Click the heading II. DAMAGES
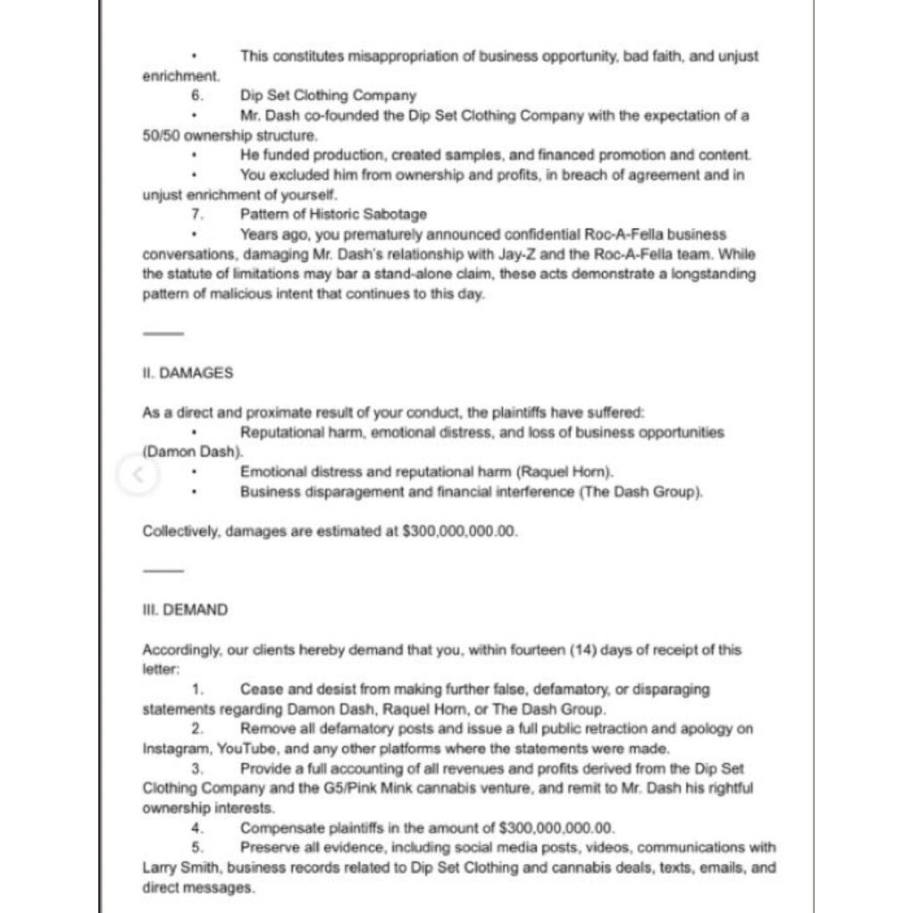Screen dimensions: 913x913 point(187,374)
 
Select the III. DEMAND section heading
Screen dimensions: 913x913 point(185,610)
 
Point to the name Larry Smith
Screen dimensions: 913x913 point(179,867)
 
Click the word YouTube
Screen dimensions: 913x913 point(246,749)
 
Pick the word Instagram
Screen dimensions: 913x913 point(175,749)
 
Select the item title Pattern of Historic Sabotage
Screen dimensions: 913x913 point(333,214)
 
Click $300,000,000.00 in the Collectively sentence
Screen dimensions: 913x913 point(460,531)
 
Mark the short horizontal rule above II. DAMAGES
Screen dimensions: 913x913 point(163,334)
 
